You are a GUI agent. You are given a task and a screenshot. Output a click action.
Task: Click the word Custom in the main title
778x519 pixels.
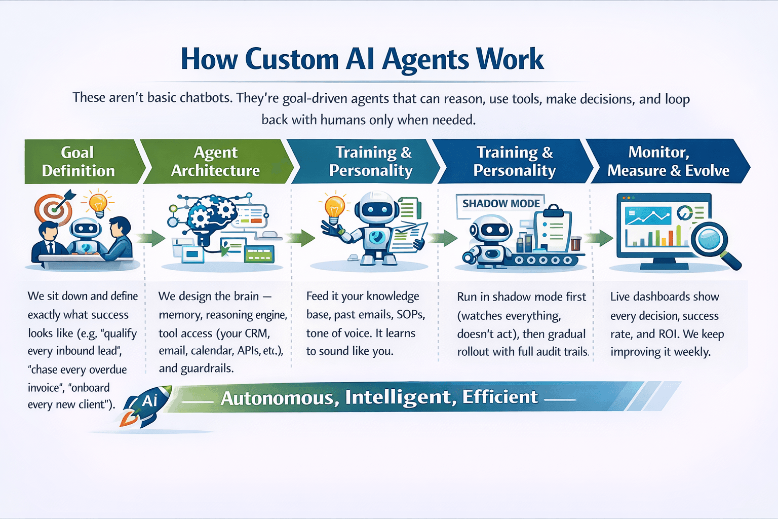(x=292, y=59)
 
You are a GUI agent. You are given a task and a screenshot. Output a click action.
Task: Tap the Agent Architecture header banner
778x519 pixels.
(x=215, y=162)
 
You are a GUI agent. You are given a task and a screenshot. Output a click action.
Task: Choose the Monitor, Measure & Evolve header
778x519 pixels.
(x=668, y=162)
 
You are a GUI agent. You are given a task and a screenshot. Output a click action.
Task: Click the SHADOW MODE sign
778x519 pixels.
(x=500, y=204)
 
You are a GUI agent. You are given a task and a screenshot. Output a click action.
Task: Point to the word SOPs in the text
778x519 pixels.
(x=410, y=315)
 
